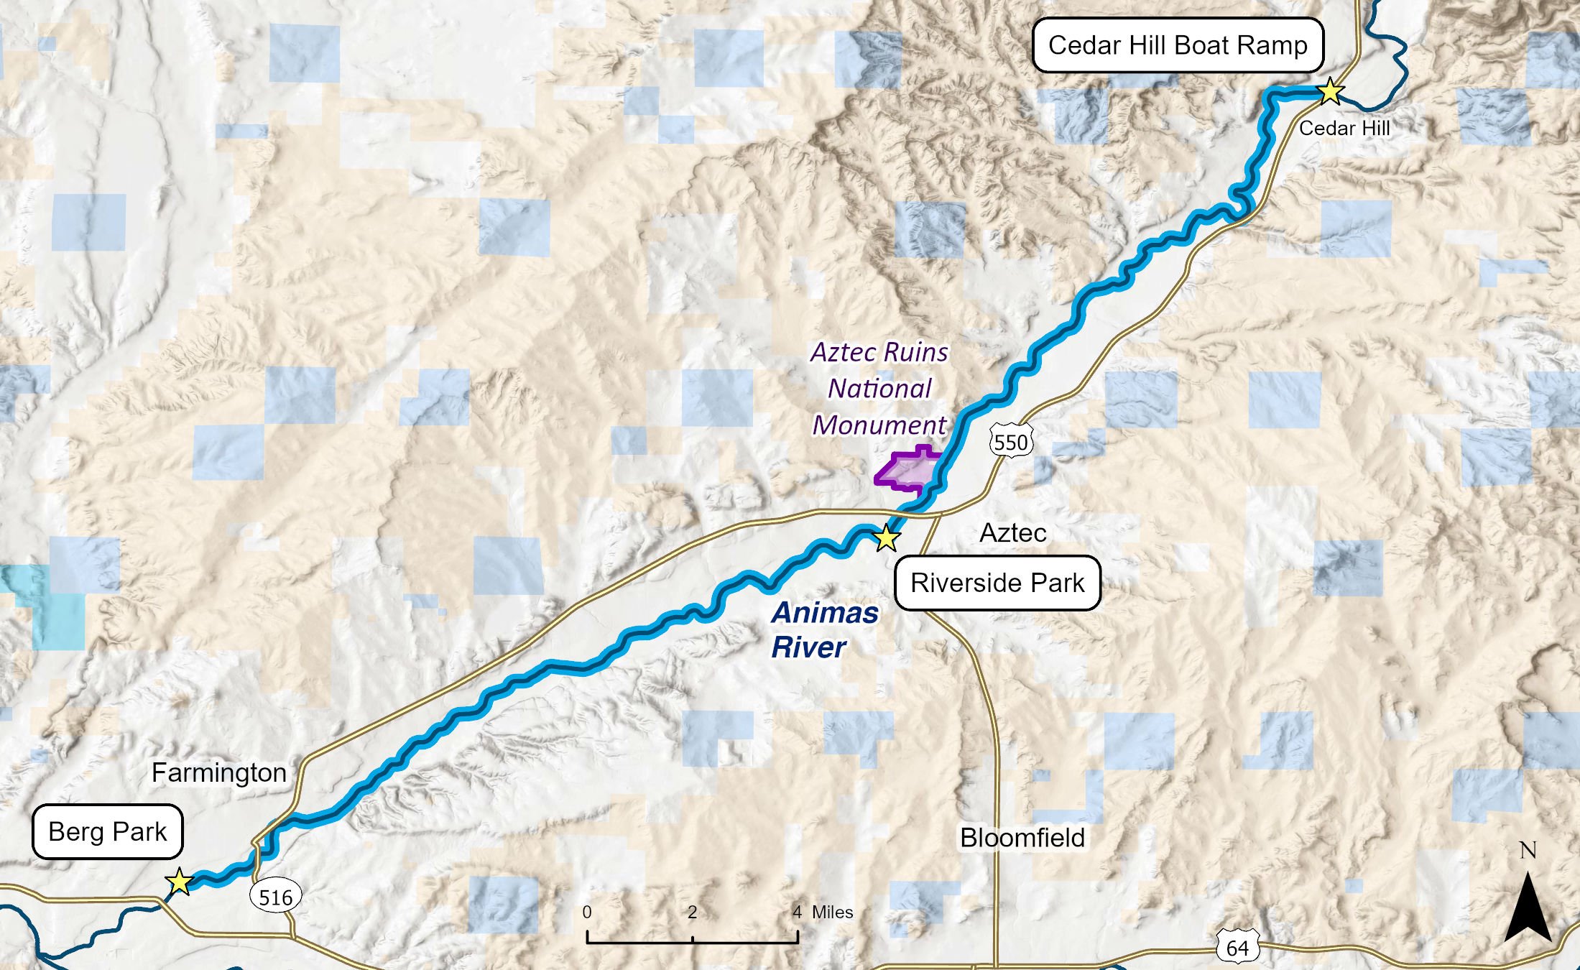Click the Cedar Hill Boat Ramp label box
click(1178, 45)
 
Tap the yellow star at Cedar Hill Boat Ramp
click(1330, 91)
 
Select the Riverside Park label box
click(997, 583)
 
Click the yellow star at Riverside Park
click(887, 537)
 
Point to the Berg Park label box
click(108, 831)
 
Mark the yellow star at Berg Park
click(178, 881)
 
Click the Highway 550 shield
click(1012, 442)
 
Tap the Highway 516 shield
click(276, 897)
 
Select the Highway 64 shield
click(1237, 948)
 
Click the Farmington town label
click(219, 772)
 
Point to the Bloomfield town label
click(1022, 838)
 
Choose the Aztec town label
click(1013, 532)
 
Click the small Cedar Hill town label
click(1344, 128)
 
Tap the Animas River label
click(824, 629)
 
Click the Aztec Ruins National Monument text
click(879, 388)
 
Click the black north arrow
click(1528, 909)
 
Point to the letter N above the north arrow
click(1528, 851)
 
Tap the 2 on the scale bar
click(692, 913)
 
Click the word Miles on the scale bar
click(832, 913)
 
